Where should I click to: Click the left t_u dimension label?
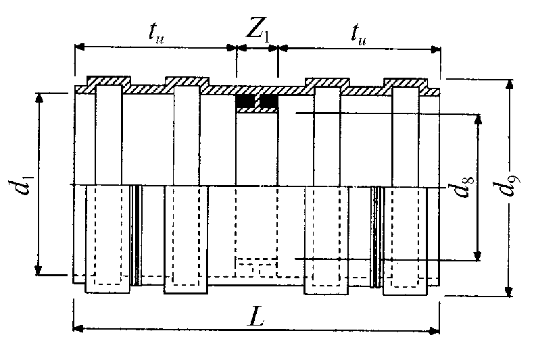[x=156, y=34]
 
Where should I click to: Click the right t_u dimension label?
[x=359, y=34]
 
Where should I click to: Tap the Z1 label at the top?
[x=258, y=32]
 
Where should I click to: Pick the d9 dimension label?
[x=510, y=184]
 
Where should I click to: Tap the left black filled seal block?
[x=245, y=101]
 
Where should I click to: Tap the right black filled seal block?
[x=268, y=101]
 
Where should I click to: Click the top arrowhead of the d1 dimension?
[x=39, y=98]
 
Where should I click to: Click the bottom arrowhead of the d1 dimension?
[x=39, y=269]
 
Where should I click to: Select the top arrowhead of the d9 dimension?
[x=510, y=84]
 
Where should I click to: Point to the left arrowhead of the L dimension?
[x=78, y=329]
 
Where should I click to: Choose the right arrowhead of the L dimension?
[x=435, y=331]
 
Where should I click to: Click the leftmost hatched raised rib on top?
[x=108, y=81]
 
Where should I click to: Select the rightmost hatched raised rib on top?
[x=406, y=82]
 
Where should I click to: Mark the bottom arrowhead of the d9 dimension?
[x=509, y=291]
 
